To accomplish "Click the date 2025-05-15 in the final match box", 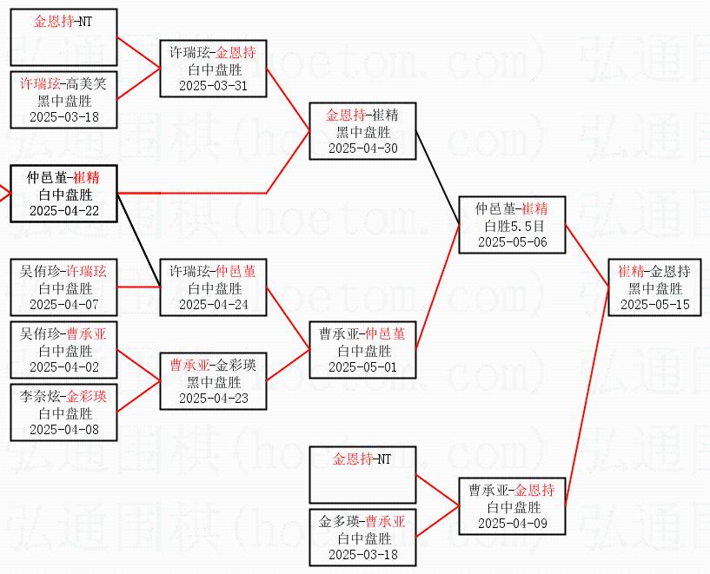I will [655, 304].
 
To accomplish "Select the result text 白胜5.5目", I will [512, 225].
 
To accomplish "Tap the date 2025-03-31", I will [213, 85].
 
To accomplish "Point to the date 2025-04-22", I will [63, 210].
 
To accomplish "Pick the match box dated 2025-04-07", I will [63, 287].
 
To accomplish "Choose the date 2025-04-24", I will [213, 304].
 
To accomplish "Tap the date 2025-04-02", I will [63, 366].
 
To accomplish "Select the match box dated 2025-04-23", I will [213, 381].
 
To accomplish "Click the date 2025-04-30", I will [362, 148].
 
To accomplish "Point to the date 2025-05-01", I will [362, 366].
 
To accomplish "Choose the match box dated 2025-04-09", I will [512, 506].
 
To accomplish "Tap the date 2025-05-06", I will [512, 241].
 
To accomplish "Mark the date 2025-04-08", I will [63, 429].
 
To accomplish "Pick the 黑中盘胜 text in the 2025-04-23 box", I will [213, 381].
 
